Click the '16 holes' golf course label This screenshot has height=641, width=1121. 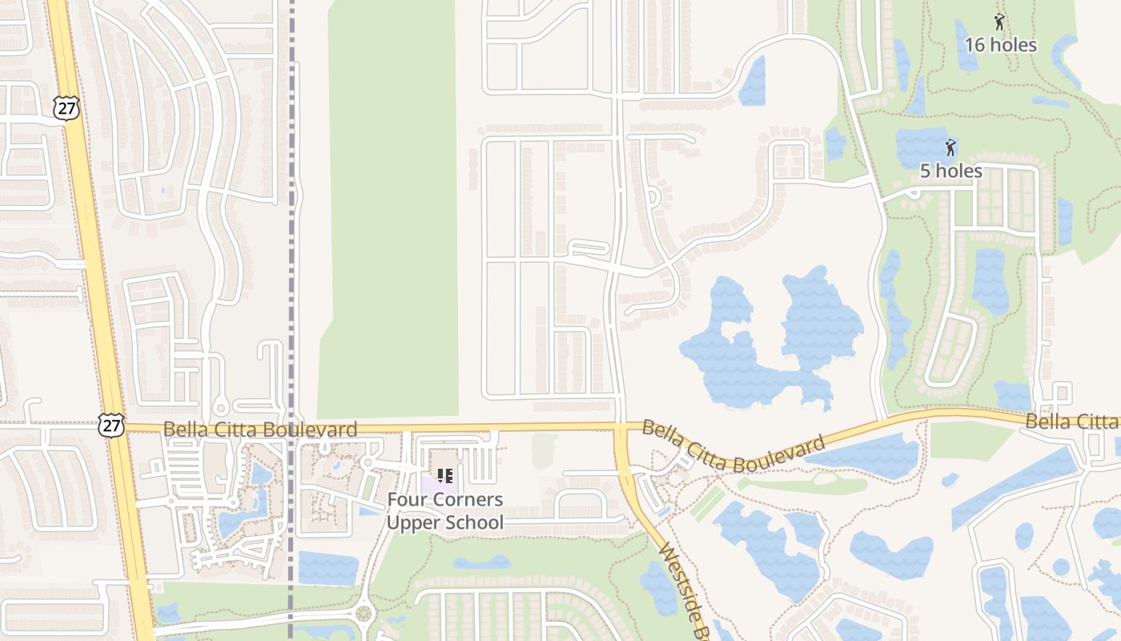coord(1000,45)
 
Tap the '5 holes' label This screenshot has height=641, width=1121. coord(950,171)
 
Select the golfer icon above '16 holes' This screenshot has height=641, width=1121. coord(998,22)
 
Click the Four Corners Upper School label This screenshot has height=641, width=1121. coord(445,511)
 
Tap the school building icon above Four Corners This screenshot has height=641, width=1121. coord(445,477)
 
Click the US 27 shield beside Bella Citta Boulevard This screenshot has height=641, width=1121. coord(111,425)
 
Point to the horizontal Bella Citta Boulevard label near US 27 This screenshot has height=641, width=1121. coord(260,429)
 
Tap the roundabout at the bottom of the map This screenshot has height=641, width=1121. coord(364,615)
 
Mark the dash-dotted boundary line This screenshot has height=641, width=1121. coord(291,240)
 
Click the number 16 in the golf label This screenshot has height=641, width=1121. coord(974,45)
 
